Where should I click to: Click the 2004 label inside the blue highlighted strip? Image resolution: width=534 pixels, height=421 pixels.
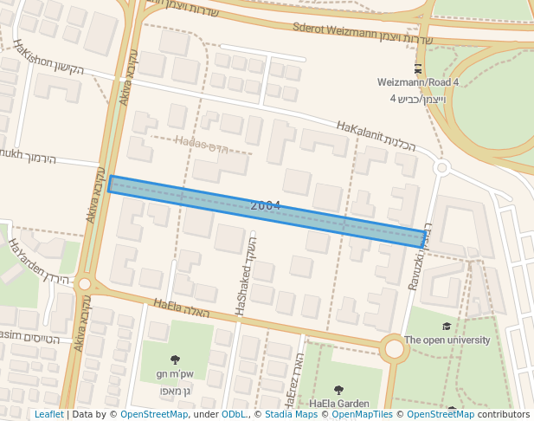point(265,205)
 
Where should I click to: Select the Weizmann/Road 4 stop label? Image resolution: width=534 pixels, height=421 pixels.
point(418,82)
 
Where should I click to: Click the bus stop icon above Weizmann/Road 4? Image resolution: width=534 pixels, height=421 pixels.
point(419,68)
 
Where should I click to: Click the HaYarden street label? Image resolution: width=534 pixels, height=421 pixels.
point(25,259)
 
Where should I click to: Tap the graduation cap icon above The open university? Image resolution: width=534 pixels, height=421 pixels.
point(447,327)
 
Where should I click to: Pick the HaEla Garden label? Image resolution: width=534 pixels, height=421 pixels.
point(338,404)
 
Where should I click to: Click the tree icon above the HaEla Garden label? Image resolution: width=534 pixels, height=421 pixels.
point(338,390)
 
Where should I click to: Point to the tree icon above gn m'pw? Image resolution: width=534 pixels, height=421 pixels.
point(175,359)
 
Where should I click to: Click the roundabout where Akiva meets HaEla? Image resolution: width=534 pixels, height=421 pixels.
point(84,284)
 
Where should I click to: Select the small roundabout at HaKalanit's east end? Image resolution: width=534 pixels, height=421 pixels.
point(441,167)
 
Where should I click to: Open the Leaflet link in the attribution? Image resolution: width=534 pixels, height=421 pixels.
point(48,415)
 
